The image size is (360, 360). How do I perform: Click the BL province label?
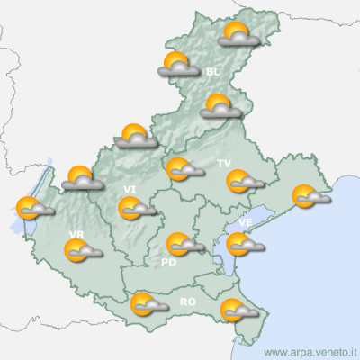(x=212, y=72)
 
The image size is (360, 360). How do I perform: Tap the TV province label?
(x=224, y=163)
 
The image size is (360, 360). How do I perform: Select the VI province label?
(x=130, y=189)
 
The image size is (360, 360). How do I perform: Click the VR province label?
(x=76, y=235)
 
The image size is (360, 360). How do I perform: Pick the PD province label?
(x=167, y=263)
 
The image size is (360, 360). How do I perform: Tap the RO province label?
(x=188, y=301)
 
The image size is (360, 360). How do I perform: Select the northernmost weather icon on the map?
(x=238, y=36)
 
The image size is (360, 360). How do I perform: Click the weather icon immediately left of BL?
(x=178, y=65)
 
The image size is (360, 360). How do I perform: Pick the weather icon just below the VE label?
(x=243, y=243)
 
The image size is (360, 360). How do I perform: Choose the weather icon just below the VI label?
(x=135, y=209)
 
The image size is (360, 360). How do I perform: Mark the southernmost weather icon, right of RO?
(x=238, y=310)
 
